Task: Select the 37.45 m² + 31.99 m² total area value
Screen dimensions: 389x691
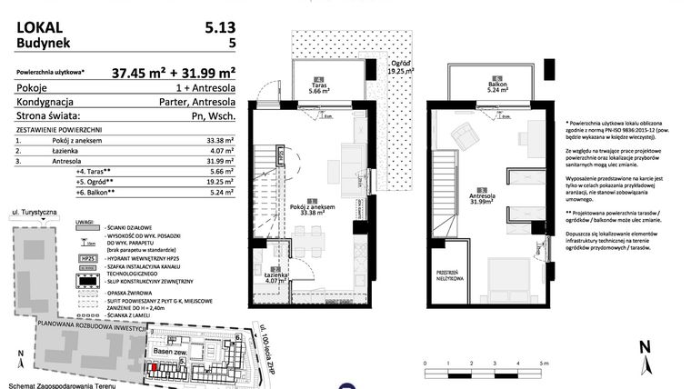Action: pyautogui.click(x=174, y=73)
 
